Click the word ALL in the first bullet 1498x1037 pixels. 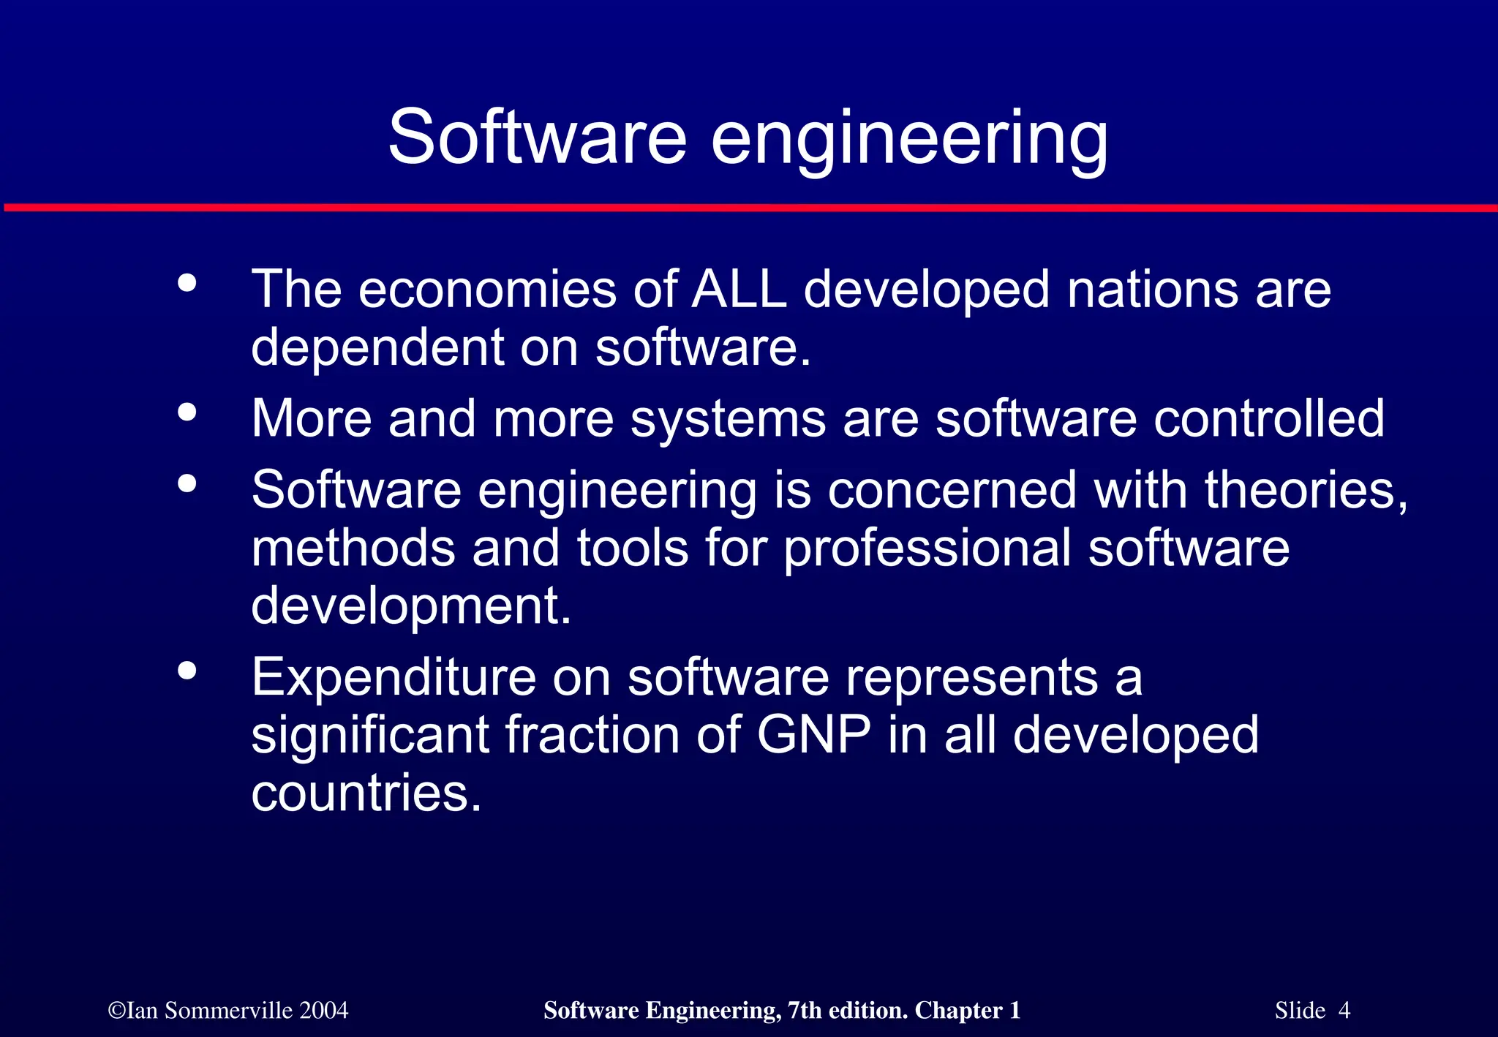(739, 290)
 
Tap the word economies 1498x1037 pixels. (487, 290)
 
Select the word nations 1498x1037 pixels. (1152, 290)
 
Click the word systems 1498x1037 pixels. (728, 420)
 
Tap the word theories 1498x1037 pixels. (1306, 489)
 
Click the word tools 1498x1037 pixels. (632, 548)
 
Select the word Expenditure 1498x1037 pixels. (394, 677)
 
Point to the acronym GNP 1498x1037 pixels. (813, 735)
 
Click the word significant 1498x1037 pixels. (369, 736)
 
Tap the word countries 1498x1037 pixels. (366, 793)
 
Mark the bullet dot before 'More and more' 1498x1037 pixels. (187, 412)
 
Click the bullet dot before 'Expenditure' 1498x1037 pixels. (187, 670)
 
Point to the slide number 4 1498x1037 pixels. (1344, 1011)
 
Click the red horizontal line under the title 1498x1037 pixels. (749, 208)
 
